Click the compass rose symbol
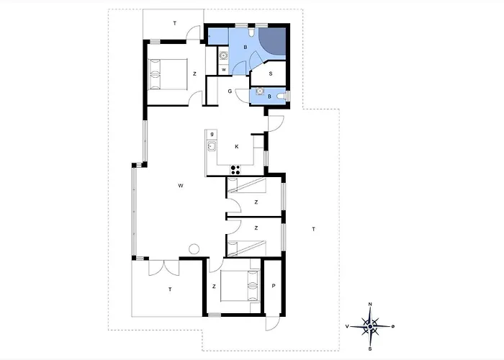pyautogui.click(x=370, y=327)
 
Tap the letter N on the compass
pyautogui.click(x=370, y=304)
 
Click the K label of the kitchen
pyautogui.click(x=237, y=147)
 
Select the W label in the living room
pyautogui.click(x=181, y=186)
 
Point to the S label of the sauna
pyautogui.click(x=271, y=73)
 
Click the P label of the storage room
pyautogui.click(x=274, y=285)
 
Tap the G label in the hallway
pyautogui.click(x=230, y=91)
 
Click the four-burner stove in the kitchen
pyautogui.click(x=235, y=169)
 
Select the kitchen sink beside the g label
pyautogui.click(x=212, y=146)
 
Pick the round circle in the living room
pyautogui.click(x=194, y=249)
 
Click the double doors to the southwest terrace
pyautogui.click(x=164, y=267)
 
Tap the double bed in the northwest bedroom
pyautogui.click(x=168, y=74)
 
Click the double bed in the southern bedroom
pyautogui.click(x=240, y=285)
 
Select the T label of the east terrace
pyautogui.click(x=313, y=229)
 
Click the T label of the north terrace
pyautogui.click(x=175, y=23)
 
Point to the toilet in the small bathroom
pyautogui.click(x=282, y=96)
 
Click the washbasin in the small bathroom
pyautogui.click(x=260, y=91)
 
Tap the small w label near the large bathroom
pyautogui.click(x=224, y=69)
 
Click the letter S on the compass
pyautogui.click(x=370, y=348)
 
